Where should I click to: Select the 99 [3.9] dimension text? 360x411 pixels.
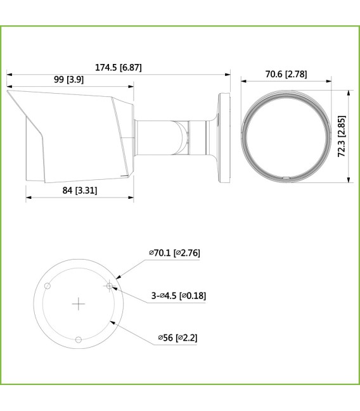tap(70, 80)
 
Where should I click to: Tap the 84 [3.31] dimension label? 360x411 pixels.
tap(80, 190)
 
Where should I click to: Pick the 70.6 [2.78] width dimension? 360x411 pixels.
tap(285, 74)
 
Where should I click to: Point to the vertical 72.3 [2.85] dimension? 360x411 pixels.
tap(342, 136)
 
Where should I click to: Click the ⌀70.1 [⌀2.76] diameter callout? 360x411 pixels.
tap(174, 253)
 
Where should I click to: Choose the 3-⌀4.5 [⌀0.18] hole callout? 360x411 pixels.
tap(178, 295)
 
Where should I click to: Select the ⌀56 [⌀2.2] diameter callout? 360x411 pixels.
tap(177, 338)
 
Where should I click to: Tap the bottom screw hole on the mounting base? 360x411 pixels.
tap(79, 339)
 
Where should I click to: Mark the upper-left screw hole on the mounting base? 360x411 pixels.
tap(48, 286)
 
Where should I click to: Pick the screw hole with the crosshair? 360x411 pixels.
tap(110, 286)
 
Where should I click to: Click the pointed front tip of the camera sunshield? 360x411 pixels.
tap(8, 93)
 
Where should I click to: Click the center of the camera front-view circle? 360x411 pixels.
tap(285, 137)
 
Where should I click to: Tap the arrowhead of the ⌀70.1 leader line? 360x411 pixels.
tap(119, 277)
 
